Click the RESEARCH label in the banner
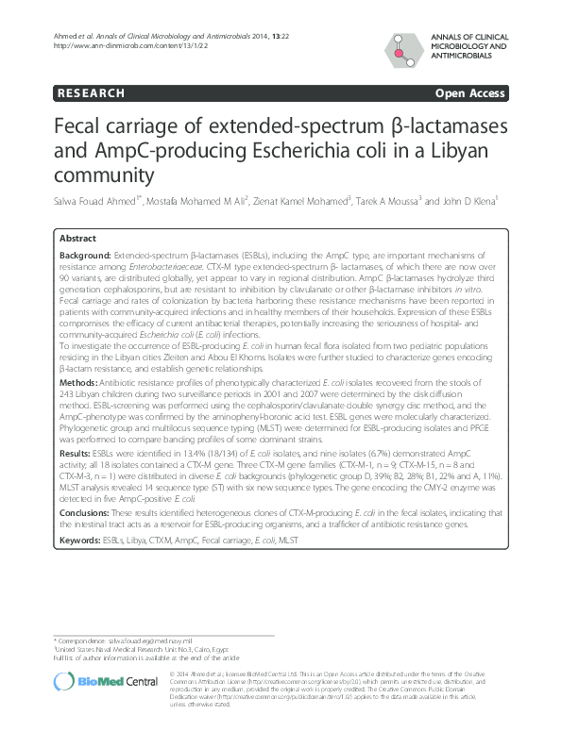[91, 93]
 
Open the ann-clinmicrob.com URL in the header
[114, 44]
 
